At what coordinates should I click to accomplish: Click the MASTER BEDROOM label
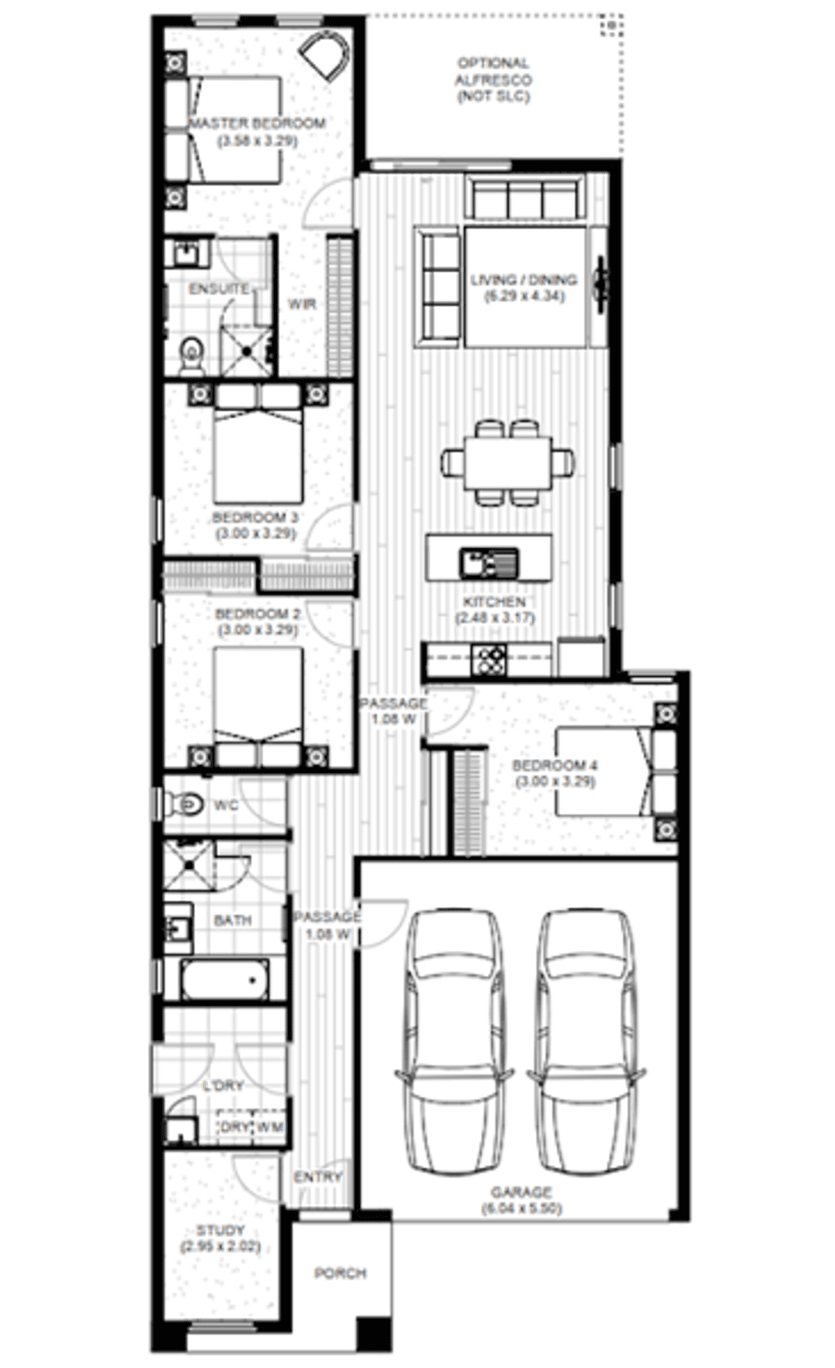point(257,124)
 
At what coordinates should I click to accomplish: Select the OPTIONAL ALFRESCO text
point(493,79)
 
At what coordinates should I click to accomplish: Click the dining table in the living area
point(508,462)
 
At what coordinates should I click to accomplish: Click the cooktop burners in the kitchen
point(488,660)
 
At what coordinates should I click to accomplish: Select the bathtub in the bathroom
point(225,978)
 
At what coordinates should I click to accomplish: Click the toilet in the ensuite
point(192,355)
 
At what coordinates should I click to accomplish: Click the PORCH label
point(340,1273)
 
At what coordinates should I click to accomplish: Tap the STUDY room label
point(220,1230)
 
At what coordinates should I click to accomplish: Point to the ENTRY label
point(318,1177)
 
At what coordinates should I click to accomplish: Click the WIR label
point(301,305)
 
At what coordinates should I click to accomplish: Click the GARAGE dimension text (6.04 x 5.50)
point(522,1208)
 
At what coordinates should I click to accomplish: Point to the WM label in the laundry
point(270,1127)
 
